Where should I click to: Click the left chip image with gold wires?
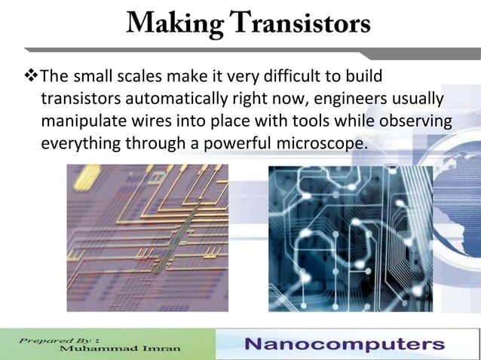pyautogui.click(x=147, y=238)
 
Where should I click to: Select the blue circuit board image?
pyautogui.click(x=351, y=238)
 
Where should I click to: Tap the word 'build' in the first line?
pyautogui.click(x=364, y=77)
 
